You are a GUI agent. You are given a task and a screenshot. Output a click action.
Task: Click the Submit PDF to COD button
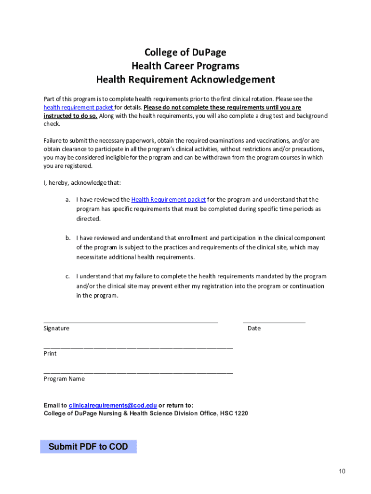(x=88, y=447)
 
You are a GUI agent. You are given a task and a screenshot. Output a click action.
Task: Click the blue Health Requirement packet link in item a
(x=168, y=200)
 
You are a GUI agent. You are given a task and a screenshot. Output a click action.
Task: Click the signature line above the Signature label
(x=131, y=321)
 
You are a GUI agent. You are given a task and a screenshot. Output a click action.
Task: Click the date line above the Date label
(x=274, y=321)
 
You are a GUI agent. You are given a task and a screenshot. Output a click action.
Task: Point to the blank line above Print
(x=138, y=347)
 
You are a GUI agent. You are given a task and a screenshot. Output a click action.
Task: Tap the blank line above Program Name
(x=138, y=372)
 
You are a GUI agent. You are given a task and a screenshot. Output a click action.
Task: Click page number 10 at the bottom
(x=342, y=471)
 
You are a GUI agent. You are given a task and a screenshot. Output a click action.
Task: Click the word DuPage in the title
(x=208, y=53)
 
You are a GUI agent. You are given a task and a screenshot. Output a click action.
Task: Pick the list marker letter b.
(x=68, y=238)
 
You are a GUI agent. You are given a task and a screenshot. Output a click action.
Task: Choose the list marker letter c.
(x=68, y=276)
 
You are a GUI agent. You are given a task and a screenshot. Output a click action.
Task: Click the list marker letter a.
(x=68, y=200)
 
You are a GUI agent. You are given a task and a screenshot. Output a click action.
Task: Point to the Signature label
(x=56, y=329)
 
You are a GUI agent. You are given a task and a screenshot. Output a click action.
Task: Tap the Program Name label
(x=64, y=379)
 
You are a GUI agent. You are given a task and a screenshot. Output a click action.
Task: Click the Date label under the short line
(x=254, y=329)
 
